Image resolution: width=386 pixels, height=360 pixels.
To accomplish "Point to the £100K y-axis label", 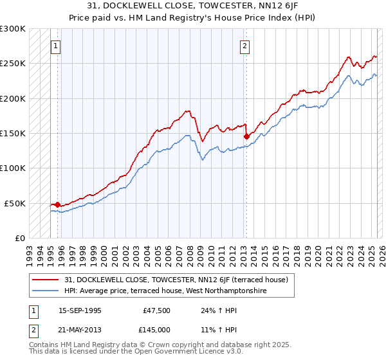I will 14,168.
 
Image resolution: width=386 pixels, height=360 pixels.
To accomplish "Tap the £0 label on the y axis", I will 19,238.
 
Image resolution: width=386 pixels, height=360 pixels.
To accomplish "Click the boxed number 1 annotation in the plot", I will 57,46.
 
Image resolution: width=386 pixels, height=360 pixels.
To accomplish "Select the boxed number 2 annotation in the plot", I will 245,46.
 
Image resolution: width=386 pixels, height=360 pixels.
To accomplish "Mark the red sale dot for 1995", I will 57,204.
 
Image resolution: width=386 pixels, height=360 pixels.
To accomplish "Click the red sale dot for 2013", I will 246,136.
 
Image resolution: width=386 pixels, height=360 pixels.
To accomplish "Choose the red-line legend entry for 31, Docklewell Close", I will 179,280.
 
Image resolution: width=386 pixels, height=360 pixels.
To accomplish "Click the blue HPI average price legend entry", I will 165,291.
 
